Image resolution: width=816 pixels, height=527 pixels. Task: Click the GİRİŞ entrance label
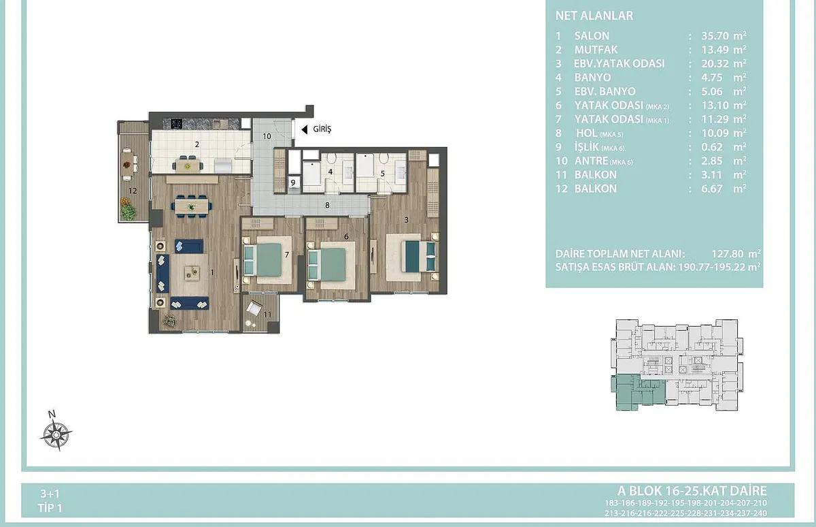coord(322,129)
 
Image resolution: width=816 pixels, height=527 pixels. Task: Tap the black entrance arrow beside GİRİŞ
coord(305,129)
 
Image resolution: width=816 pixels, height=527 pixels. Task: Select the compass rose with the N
coord(56,432)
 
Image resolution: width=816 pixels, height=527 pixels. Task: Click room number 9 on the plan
coord(293,182)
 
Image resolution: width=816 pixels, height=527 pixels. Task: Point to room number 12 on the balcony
coord(133,191)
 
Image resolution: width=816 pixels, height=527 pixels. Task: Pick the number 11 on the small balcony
coord(267,315)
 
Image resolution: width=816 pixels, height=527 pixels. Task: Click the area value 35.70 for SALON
coord(715,35)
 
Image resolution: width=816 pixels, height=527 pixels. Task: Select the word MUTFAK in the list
coord(596,50)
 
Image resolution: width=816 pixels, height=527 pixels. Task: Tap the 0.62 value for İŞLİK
coord(712,147)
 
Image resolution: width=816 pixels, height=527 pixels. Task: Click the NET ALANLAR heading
coord(594,16)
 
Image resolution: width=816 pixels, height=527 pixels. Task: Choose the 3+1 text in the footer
coord(50,494)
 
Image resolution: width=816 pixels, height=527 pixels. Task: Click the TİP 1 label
coord(50,508)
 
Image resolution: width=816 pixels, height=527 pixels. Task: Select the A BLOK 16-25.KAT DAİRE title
coord(692,491)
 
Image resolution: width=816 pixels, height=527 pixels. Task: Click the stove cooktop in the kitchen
coord(177,124)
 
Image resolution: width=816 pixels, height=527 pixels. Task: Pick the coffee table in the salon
coord(192,273)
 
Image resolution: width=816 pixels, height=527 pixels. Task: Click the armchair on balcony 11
coord(254,309)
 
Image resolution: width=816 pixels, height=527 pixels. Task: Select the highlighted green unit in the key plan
coord(638,392)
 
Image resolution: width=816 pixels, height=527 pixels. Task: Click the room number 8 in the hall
coord(327,206)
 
